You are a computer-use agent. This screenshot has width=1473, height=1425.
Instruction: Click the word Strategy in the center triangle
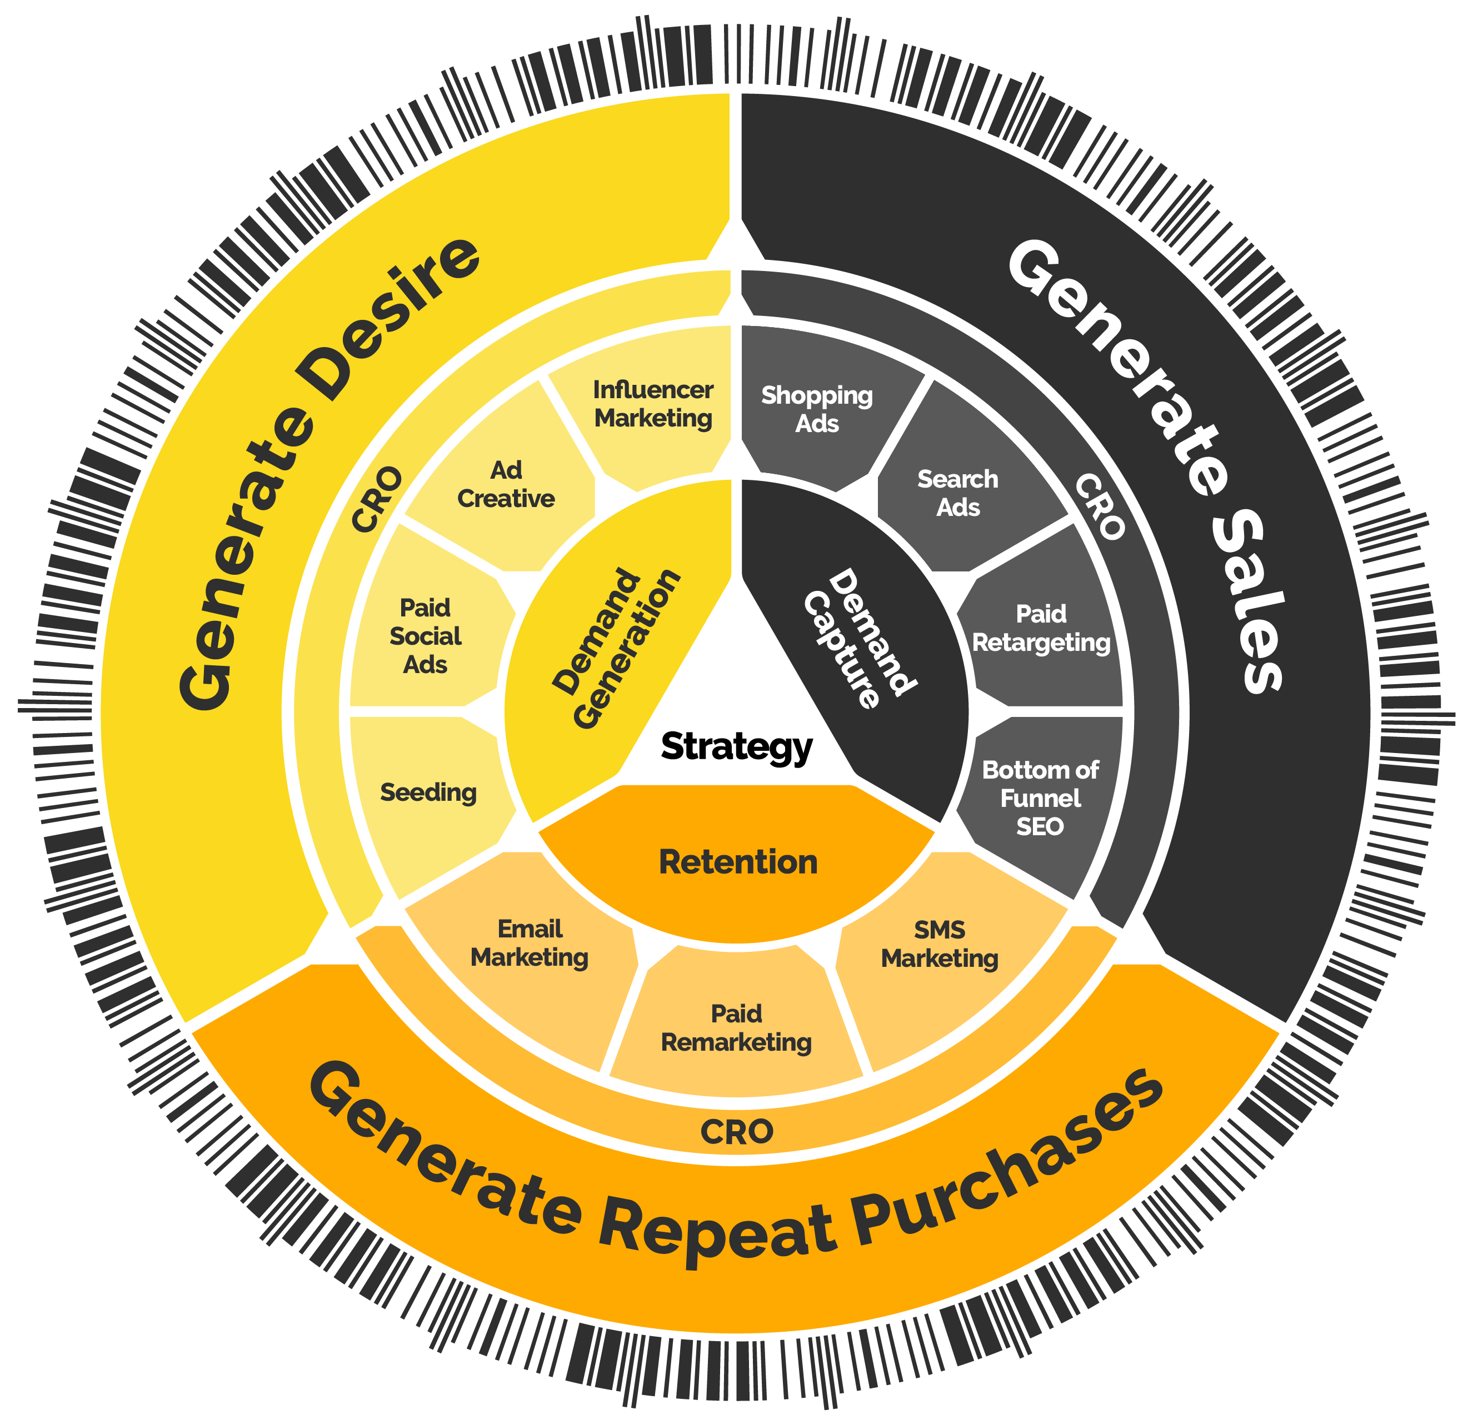[737, 747]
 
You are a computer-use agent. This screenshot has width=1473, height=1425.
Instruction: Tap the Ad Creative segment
[506, 484]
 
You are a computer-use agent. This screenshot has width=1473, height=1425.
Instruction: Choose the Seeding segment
[428, 792]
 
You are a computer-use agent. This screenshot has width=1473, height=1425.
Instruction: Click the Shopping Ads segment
[817, 409]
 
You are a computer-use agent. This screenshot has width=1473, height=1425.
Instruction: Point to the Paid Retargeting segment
[1041, 628]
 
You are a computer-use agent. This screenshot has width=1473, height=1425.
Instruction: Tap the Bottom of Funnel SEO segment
[1040, 798]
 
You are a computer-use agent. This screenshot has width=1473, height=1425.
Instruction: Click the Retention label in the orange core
[738, 862]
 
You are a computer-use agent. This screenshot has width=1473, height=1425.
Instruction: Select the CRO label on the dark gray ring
[1100, 506]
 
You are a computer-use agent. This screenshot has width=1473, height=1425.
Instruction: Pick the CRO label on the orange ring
[737, 1132]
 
